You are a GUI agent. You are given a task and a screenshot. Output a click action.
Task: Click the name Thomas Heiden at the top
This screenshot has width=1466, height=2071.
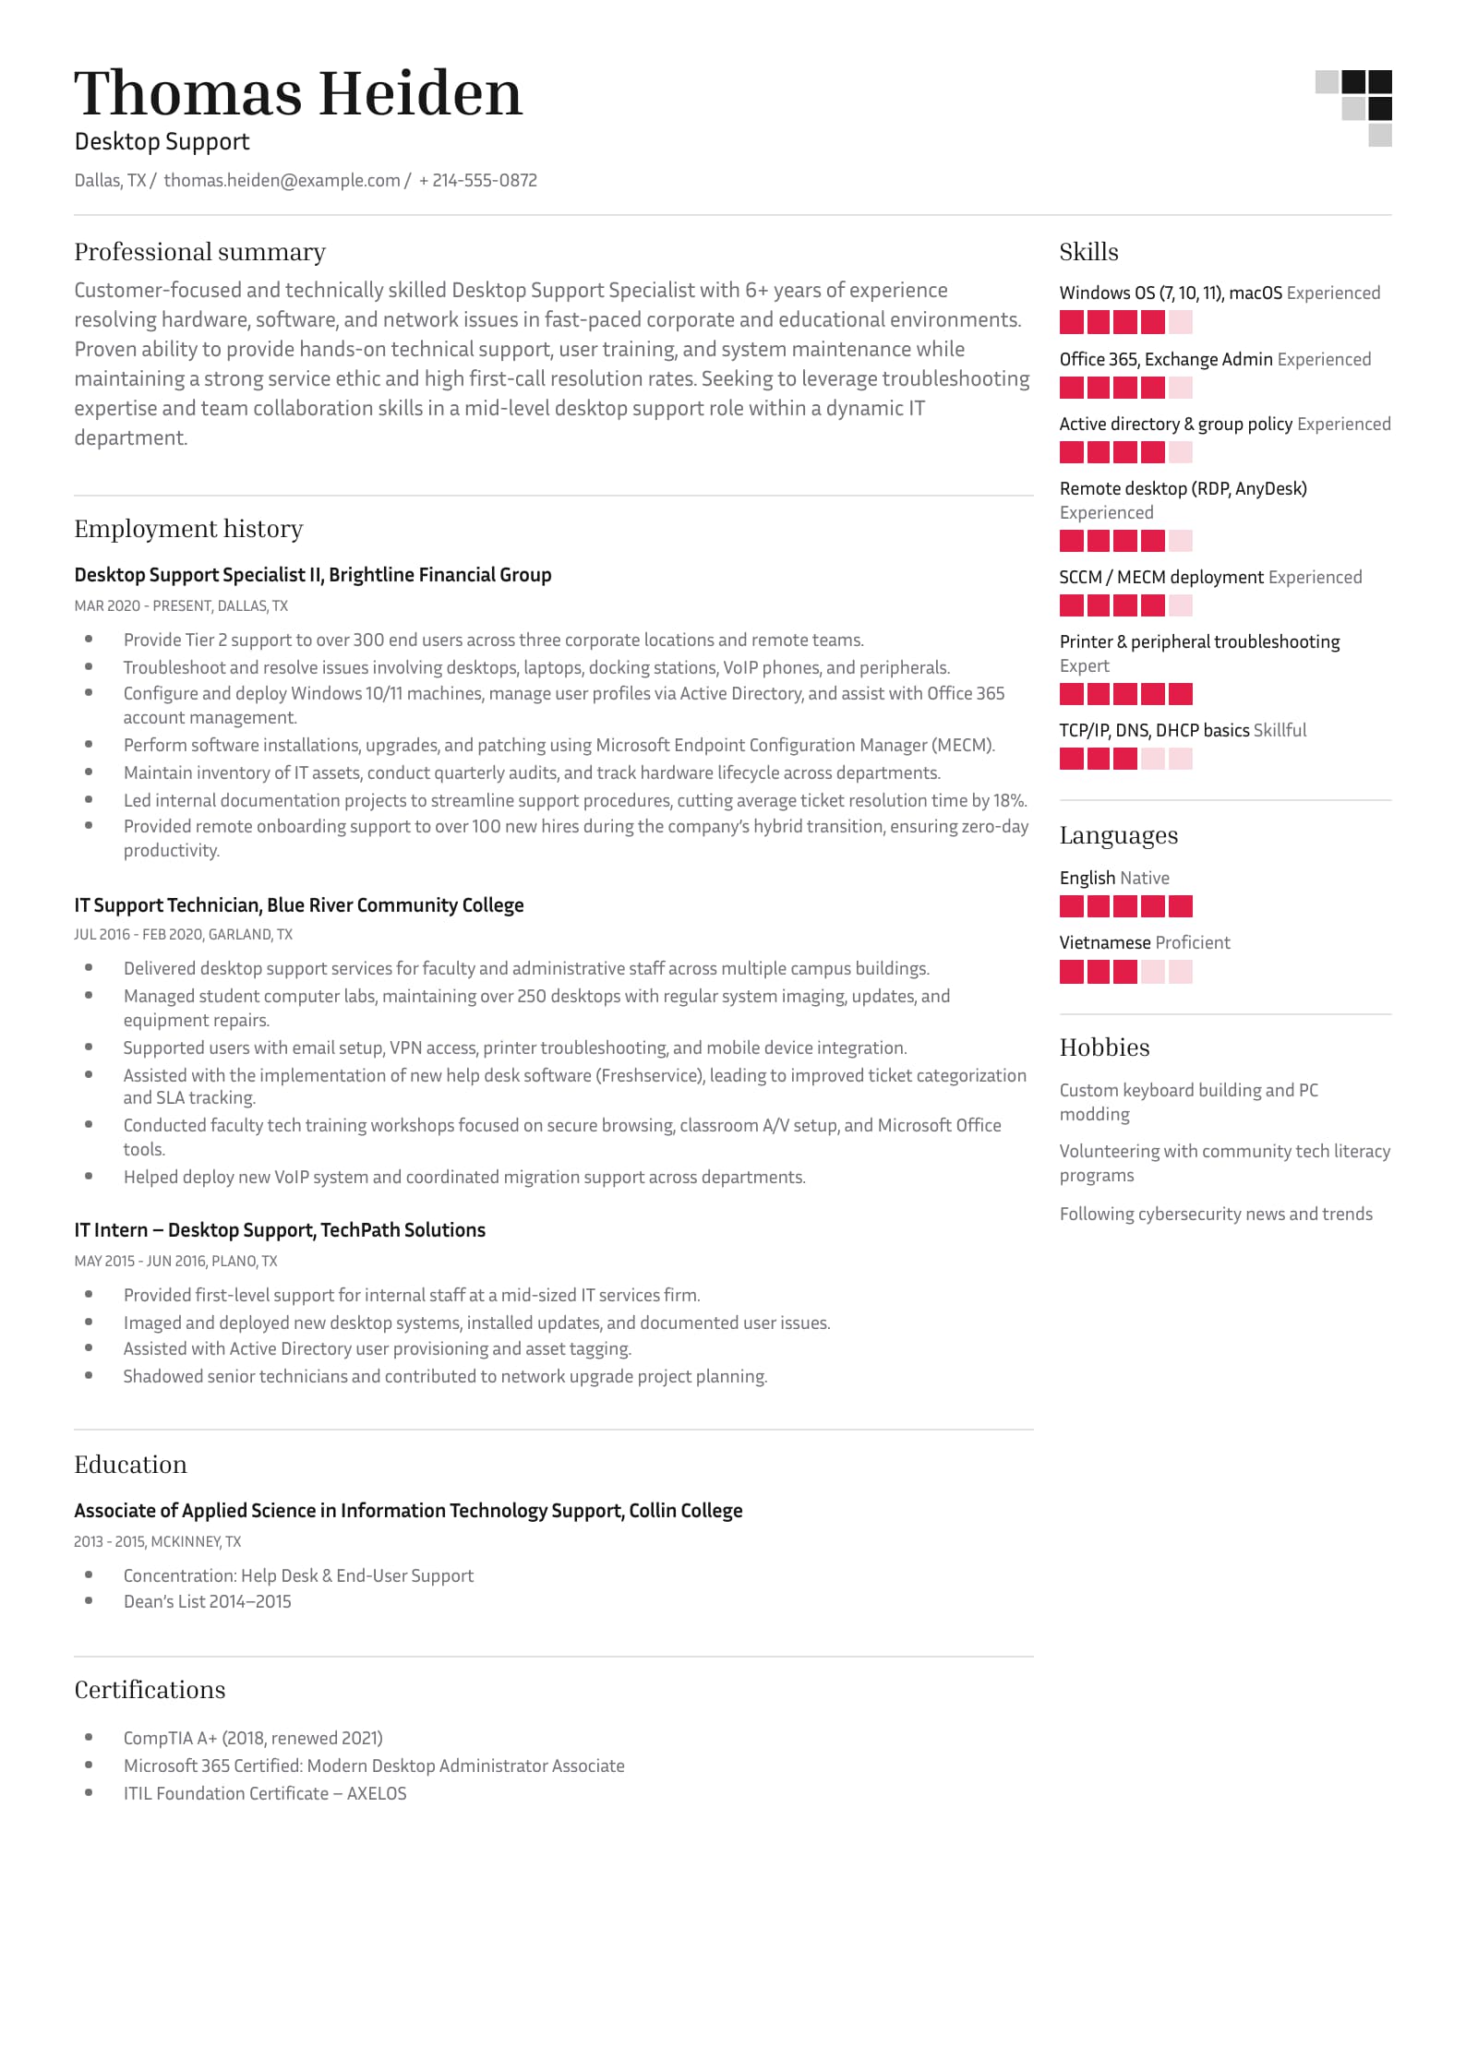(x=298, y=93)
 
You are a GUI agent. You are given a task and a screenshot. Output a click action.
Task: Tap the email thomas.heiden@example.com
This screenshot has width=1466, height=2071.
(x=282, y=181)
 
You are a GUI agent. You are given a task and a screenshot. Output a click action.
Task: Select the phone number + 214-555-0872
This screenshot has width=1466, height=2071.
(x=477, y=181)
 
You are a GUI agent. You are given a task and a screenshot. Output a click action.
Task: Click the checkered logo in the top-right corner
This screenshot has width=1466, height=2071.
(x=1353, y=107)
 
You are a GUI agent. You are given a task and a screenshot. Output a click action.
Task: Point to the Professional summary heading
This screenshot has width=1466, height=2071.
(x=199, y=252)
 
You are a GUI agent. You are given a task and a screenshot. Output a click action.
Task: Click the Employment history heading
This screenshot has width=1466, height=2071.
(x=188, y=529)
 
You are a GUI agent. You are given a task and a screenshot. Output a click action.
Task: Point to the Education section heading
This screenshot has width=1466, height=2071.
(x=130, y=1465)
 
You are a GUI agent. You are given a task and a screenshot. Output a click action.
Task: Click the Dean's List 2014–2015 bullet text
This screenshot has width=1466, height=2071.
(x=207, y=1601)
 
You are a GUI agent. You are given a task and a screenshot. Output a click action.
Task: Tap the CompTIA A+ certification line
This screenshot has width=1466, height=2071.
(x=253, y=1738)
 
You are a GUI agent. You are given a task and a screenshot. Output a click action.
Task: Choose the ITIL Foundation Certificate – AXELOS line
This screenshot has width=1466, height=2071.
(x=265, y=1793)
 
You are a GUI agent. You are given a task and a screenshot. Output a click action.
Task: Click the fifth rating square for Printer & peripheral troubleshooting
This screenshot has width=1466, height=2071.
(x=1180, y=694)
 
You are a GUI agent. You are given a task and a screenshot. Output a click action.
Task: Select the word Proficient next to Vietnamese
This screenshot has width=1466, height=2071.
(x=1193, y=942)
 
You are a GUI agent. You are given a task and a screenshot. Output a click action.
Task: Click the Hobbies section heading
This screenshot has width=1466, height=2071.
(x=1104, y=1047)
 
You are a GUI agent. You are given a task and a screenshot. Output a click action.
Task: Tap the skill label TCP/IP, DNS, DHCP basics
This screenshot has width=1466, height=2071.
(x=1154, y=730)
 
